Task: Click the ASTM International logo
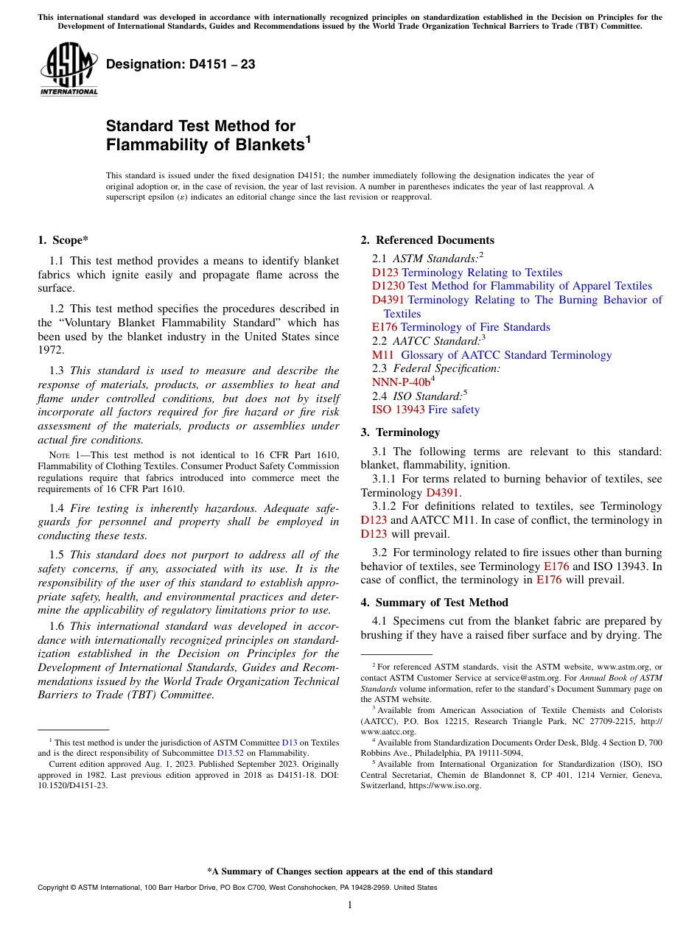tap(68, 69)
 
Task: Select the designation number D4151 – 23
tap(181, 64)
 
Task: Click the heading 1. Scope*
tap(63, 239)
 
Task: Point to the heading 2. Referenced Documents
tap(427, 240)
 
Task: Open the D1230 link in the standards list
tap(388, 286)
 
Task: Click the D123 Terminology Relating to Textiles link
tap(466, 273)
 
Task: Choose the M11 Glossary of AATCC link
tap(491, 355)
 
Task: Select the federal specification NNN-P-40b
tap(401, 382)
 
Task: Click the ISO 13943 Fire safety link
tap(425, 410)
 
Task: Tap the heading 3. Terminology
tap(400, 432)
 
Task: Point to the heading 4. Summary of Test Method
tap(434, 603)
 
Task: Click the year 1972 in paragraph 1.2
tap(51, 350)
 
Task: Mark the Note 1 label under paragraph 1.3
tap(58, 455)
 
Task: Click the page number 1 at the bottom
tap(350, 905)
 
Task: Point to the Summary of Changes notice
tap(350, 871)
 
